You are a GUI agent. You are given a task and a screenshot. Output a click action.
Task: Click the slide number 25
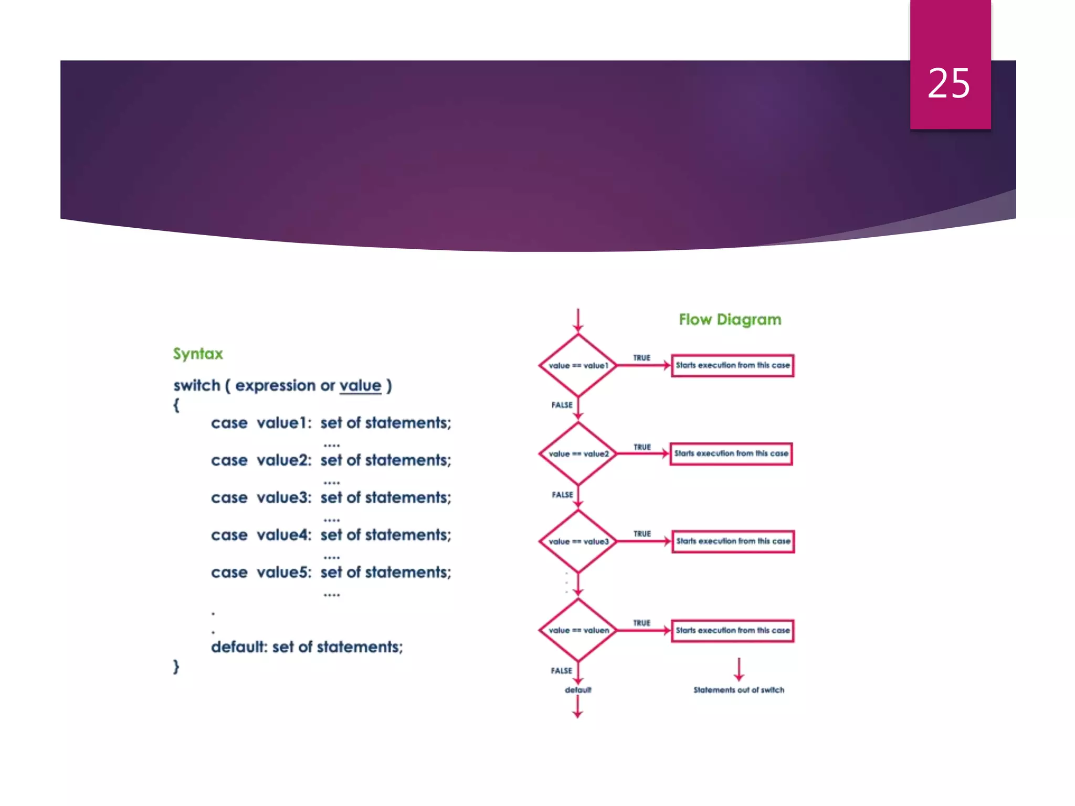pyautogui.click(x=948, y=83)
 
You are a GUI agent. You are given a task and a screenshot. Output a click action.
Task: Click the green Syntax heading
pyautogui.click(x=198, y=354)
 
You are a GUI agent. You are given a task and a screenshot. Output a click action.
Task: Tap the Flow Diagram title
pyautogui.click(x=730, y=319)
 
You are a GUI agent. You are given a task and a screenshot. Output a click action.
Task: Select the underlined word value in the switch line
pyautogui.click(x=360, y=386)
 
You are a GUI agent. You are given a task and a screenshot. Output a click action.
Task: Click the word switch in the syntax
pyautogui.click(x=197, y=386)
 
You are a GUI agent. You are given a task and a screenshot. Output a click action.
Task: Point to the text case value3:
pyautogui.click(x=261, y=497)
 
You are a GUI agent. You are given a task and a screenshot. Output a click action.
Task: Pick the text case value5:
pyautogui.click(x=261, y=572)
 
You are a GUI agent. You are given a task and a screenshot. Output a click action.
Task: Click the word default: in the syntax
pyautogui.click(x=239, y=647)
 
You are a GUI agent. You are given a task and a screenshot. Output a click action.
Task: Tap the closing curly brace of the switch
pyautogui.click(x=176, y=667)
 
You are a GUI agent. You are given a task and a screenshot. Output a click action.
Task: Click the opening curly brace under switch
pyautogui.click(x=176, y=405)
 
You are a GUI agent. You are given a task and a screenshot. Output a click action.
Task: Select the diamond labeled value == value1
pyautogui.click(x=578, y=365)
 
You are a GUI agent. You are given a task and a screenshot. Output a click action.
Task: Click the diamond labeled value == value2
pyautogui.click(x=578, y=453)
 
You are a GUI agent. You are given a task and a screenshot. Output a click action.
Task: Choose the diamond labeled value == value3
pyautogui.click(x=578, y=541)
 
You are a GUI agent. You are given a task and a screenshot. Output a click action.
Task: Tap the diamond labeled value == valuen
pyautogui.click(x=578, y=630)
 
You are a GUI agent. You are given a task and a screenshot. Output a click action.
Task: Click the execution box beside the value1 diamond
pyautogui.click(x=732, y=365)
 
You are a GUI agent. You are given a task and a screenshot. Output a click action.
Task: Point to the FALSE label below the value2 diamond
pyautogui.click(x=562, y=495)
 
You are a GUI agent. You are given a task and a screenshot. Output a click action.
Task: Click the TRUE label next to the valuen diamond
pyautogui.click(x=641, y=623)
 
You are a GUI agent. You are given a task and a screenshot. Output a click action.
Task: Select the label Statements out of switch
pyautogui.click(x=739, y=690)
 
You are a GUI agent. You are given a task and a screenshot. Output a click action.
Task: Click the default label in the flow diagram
pyautogui.click(x=578, y=690)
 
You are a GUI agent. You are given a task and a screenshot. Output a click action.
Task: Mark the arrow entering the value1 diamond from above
pyautogui.click(x=578, y=321)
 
